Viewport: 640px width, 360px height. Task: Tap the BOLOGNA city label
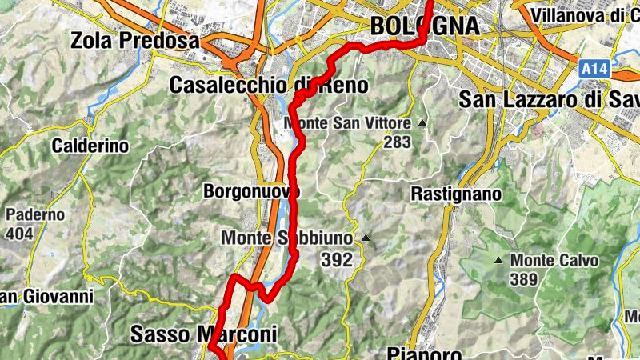point(425,26)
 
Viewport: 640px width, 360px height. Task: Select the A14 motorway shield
point(594,70)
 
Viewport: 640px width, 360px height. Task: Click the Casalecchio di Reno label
point(269,85)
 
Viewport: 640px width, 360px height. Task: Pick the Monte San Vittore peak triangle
point(421,124)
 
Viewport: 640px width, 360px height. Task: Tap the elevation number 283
point(396,142)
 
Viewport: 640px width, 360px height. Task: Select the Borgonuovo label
point(251,192)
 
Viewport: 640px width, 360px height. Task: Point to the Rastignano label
point(456,194)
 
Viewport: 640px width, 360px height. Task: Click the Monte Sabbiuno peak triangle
point(366,238)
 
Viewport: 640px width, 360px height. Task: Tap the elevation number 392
point(337,259)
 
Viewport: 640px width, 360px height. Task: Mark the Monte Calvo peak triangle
point(499,260)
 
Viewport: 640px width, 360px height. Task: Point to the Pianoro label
point(424,352)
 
